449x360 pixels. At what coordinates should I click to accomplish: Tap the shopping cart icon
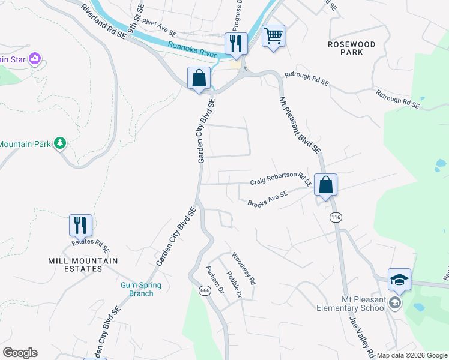tap(273, 37)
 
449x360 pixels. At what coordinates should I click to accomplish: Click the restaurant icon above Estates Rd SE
tap(80, 226)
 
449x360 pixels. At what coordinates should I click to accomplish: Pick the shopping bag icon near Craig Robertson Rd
tap(325, 185)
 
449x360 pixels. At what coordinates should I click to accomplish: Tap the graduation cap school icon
tap(399, 280)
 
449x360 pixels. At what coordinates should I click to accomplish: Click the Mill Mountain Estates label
tap(83, 265)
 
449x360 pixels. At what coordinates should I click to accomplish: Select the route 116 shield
tap(334, 217)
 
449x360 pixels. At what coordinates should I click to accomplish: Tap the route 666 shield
tap(205, 290)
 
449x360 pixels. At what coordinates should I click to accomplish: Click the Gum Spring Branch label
tap(137, 289)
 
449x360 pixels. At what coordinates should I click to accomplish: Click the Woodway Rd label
tap(244, 268)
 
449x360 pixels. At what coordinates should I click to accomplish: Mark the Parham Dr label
tap(215, 280)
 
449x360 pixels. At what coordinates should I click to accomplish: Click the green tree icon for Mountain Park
tap(59, 143)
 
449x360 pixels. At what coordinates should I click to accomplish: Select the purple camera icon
tap(35, 58)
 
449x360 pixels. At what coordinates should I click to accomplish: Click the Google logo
tap(20, 353)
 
